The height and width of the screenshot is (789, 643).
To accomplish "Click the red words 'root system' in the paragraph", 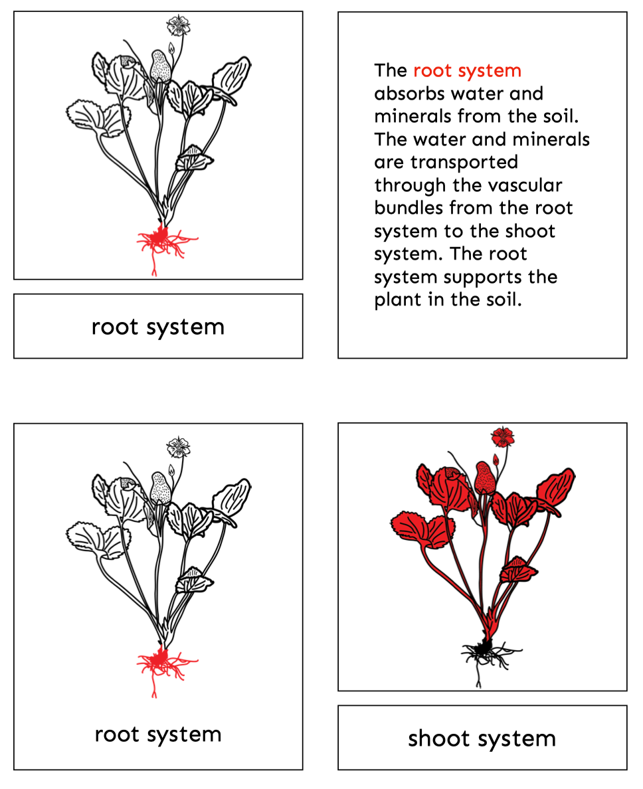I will (467, 70).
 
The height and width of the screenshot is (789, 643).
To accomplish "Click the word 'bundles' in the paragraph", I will (409, 209).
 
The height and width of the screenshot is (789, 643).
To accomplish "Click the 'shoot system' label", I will (482, 738).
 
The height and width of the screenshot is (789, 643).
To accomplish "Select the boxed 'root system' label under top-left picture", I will (158, 327).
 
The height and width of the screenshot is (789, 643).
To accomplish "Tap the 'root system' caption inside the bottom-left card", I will (158, 734).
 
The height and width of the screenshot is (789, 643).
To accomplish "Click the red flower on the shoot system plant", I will (503, 436).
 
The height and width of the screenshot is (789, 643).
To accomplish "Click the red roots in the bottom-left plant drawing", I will (159, 661).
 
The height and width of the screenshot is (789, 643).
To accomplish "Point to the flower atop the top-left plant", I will (177, 25).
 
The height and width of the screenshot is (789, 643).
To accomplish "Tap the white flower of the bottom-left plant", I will (178, 446).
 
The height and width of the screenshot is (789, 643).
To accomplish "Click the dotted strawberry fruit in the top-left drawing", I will (159, 66).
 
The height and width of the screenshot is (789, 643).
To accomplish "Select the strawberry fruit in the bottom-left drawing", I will (160, 487).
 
